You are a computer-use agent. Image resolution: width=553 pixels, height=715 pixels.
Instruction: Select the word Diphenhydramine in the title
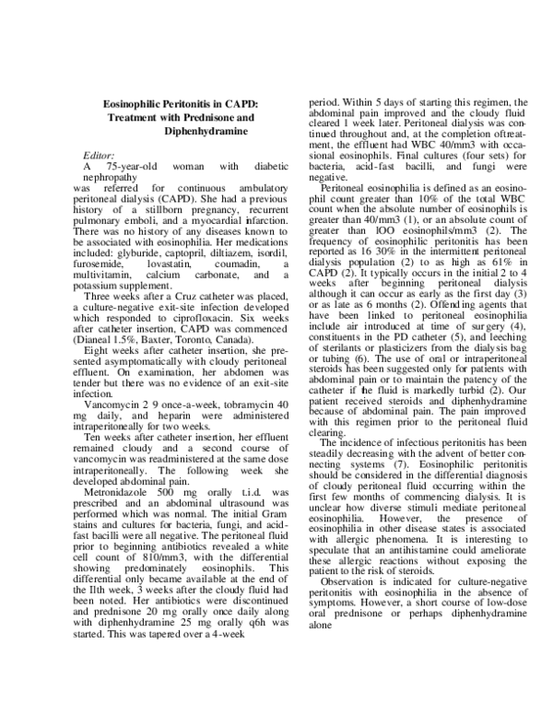(201, 133)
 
